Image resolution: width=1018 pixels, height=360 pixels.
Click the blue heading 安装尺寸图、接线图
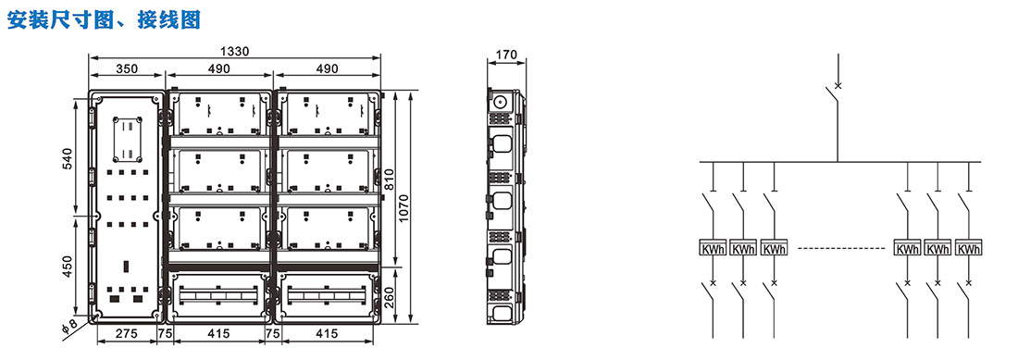pyautogui.click(x=104, y=19)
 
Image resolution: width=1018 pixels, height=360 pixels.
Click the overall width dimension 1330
pyautogui.click(x=234, y=51)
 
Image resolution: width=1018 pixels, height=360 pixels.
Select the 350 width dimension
pyautogui.click(x=127, y=68)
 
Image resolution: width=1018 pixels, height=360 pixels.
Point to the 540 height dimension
pyautogui.click(x=67, y=159)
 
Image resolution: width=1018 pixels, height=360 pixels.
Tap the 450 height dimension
pyautogui.click(x=67, y=267)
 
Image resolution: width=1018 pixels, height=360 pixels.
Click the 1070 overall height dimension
pyautogui.click(x=403, y=207)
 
